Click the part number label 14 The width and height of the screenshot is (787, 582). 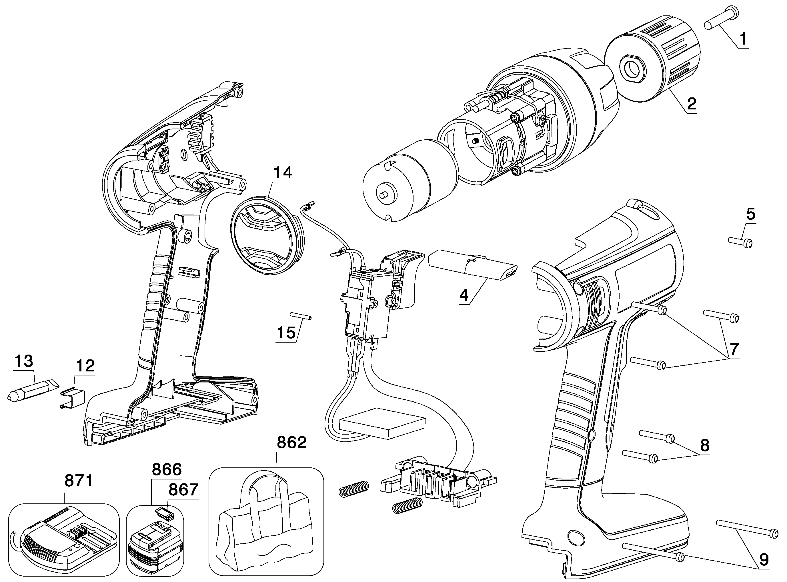(283, 173)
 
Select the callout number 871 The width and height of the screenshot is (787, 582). (79, 481)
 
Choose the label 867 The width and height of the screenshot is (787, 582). (183, 490)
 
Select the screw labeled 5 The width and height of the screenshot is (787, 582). (740, 242)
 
